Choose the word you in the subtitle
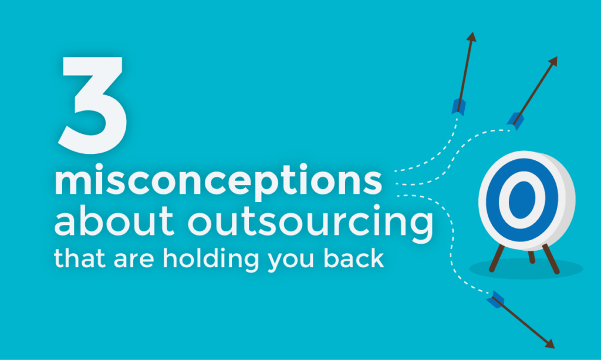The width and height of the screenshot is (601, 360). (x=288, y=260)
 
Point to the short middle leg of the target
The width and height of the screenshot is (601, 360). (x=531, y=256)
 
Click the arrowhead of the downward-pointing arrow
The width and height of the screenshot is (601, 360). (x=550, y=344)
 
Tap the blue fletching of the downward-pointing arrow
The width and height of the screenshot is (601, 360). (x=495, y=298)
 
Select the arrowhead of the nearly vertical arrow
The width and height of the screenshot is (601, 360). (x=471, y=36)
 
